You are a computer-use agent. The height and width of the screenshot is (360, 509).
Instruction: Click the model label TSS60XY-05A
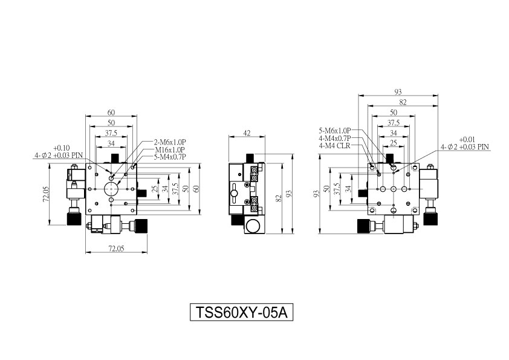242,312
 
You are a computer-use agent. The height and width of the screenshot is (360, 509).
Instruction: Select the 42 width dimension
247,133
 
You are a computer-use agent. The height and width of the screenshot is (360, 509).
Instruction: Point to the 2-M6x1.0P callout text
169,142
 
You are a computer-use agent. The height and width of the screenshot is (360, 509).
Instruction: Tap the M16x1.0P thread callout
170,149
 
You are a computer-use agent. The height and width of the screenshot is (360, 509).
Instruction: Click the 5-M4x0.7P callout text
169,157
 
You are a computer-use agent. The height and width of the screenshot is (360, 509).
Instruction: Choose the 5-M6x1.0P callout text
335,131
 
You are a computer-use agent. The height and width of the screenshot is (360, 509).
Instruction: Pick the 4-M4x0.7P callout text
335,139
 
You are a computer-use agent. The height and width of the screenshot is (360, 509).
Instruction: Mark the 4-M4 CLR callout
335,146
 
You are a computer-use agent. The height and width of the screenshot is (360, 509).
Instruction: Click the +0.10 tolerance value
61,148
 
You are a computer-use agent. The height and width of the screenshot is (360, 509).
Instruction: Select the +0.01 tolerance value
467,139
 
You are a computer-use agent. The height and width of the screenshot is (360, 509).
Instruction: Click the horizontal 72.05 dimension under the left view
116,249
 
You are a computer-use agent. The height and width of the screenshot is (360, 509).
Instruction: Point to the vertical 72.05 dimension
45,194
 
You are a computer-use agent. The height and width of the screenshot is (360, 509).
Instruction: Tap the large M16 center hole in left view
111,188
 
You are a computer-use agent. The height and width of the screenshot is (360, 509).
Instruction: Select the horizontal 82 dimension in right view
403,102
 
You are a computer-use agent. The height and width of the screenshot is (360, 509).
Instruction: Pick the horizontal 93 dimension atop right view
398,92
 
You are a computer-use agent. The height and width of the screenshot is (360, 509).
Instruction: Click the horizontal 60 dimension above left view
111,113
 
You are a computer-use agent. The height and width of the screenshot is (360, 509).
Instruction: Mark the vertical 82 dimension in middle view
278,198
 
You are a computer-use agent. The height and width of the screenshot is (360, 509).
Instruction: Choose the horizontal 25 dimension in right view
394,143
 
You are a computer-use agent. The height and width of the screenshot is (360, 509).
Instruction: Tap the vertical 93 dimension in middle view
288,194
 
